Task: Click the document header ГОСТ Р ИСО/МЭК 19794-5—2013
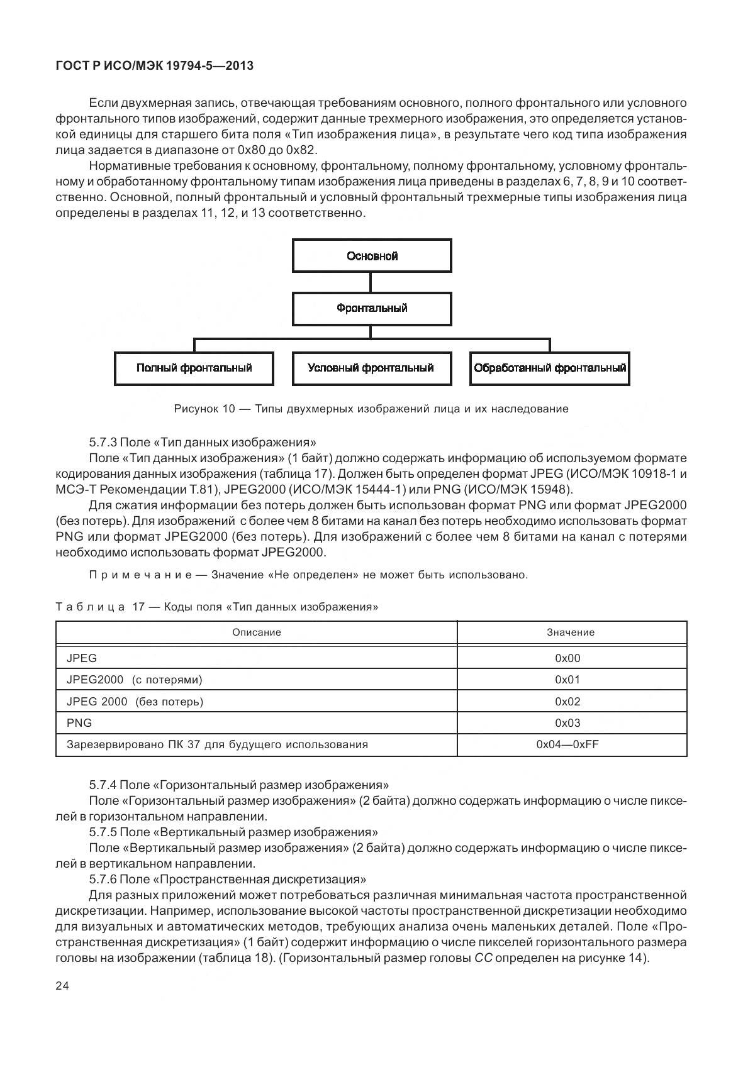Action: coord(154,65)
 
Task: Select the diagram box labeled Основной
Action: coord(372,256)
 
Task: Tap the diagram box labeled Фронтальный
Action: coord(372,308)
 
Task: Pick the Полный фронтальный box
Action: coord(194,368)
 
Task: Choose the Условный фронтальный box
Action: coord(371,368)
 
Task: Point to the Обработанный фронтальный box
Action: coord(550,368)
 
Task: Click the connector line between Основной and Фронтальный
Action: coord(371,282)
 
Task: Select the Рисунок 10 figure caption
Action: coord(371,409)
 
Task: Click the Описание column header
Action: coord(256,632)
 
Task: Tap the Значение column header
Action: coord(571,632)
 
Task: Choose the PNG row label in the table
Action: coord(79,723)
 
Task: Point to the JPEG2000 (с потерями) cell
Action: coord(135,680)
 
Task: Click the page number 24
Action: coord(62,986)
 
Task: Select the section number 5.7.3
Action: coord(103,442)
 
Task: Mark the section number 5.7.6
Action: coord(103,880)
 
